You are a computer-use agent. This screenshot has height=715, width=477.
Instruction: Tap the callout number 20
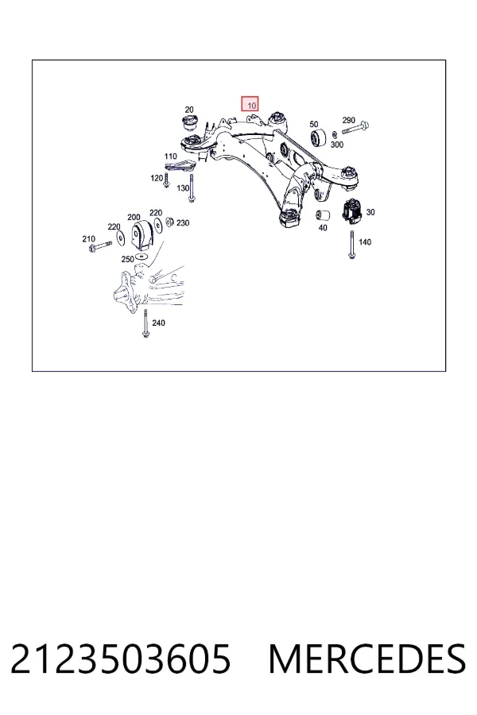pyautogui.click(x=189, y=110)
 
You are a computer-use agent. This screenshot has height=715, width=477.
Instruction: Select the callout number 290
pyautogui.click(x=348, y=121)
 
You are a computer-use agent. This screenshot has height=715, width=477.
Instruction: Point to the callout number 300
pyautogui.click(x=336, y=145)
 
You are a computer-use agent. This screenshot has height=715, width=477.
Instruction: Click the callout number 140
pyautogui.click(x=365, y=242)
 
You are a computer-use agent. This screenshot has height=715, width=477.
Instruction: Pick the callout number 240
pyautogui.click(x=158, y=323)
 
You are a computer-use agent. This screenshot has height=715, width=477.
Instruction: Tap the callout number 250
pyautogui.click(x=127, y=259)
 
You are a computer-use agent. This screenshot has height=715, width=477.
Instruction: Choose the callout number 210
pyautogui.click(x=88, y=238)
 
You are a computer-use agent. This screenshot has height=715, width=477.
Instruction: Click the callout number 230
pyautogui.click(x=183, y=223)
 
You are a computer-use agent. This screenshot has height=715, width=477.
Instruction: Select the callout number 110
pyautogui.click(x=170, y=157)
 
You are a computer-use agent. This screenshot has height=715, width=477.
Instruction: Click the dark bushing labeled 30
pyautogui.click(x=353, y=212)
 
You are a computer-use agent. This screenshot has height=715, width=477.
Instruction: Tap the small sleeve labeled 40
pyautogui.click(x=323, y=214)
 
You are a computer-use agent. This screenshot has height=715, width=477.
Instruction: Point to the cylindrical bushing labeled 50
pyautogui.click(x=319, y=138)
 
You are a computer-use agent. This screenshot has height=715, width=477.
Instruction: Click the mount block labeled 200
pyautogui.click(x=142, y=236)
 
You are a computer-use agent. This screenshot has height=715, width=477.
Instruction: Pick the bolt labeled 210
pyautogui.click(x=101, y=246)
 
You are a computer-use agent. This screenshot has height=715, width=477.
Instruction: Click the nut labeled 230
pyautogui.click(x=169, y=222)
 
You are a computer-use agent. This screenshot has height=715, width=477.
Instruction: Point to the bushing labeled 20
pyautogui.click(x=188, y=124)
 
